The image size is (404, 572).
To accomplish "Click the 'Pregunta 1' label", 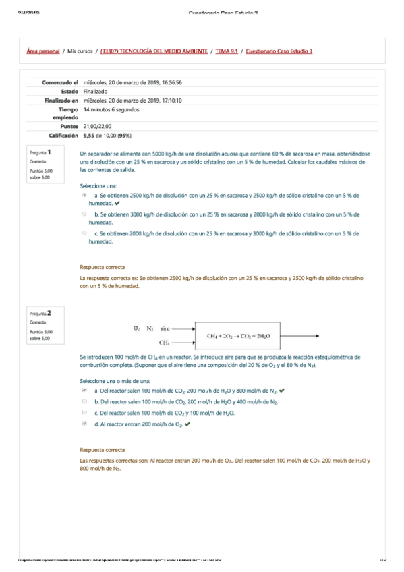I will pyautogui.click(x=40, y=153).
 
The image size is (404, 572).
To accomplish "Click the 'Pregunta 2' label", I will pyautogui.click(x=40, y=313).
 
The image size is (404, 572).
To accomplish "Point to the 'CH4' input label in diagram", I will pyautogui.click(x=164, y=343).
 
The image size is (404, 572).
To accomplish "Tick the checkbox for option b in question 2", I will pyautogui.click(x=84, y=401).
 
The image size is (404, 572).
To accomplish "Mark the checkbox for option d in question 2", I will pyautogui.click(x=84, y=424).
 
